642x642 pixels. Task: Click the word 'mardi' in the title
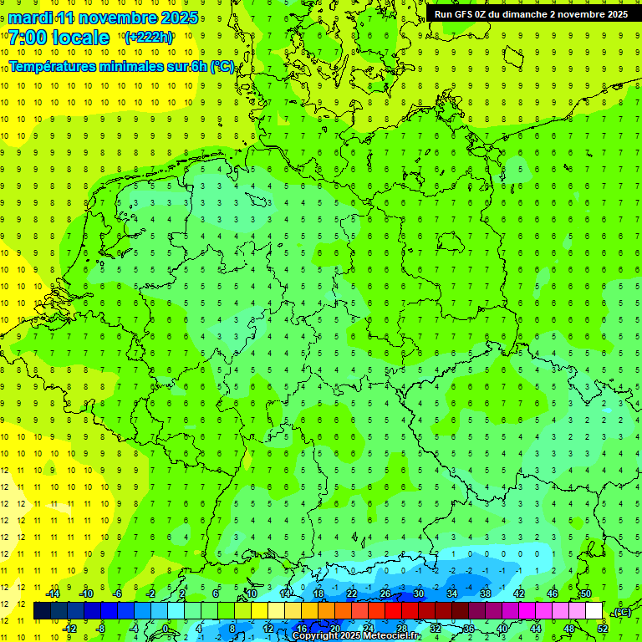pyautogui.click(x=28, y=18)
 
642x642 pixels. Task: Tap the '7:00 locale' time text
pyautogui.click(x=59, y=38)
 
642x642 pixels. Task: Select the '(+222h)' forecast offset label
pyautogui.click(x=148, y=38)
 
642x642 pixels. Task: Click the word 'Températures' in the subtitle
pyautogui.click(x=61, y=67)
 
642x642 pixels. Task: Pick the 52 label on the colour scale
pyautogui.click(x=602, y=628)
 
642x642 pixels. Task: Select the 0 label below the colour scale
pyautogui.click(x=166, y=628)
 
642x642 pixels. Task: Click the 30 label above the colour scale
pyautogui.click(x=418, y=594)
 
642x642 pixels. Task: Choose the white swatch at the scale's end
pyautogui.click(x=594, y=611)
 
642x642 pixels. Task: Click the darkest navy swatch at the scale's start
pyautogui.click(x=42, y=611)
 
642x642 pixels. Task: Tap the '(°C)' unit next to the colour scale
pyautogui.click(x=622, y=612)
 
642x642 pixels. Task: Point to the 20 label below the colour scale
pyautogui.click(x=334, y=628)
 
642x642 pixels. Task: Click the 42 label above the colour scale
pyautogui.click(x=518, y=594)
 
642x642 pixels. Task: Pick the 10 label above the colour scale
pyautogui.click(x=251, y=594)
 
